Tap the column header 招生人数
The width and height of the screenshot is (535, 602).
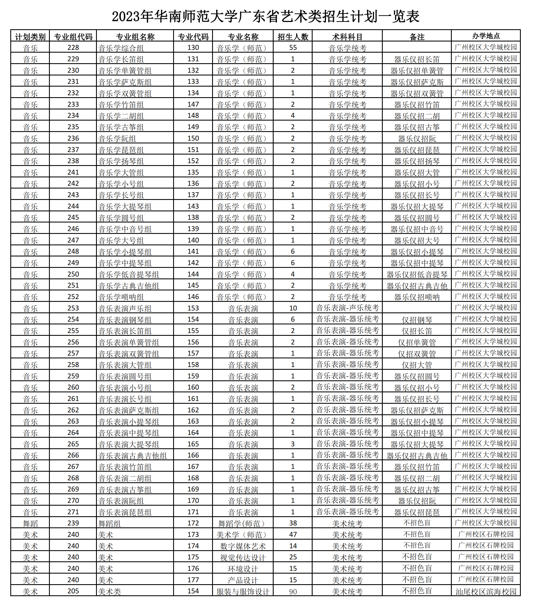pos(293,37)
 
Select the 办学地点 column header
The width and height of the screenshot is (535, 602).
pos(486,36)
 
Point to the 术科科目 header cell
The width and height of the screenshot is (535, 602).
pos(347,37)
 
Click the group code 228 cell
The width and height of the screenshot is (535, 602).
pos(73,48)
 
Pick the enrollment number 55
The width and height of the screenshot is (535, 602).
pos(293,48)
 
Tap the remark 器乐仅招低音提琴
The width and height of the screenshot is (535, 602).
pos(417,275)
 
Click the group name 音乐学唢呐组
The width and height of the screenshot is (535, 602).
pos(121,297)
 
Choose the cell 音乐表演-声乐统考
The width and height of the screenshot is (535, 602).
pos(347,308)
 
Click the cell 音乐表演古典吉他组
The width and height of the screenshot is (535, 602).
pos(132,456)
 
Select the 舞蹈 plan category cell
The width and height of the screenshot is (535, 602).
pos(30,524)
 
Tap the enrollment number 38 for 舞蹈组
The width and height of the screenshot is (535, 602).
pos(293,523)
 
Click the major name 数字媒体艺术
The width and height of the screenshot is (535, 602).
pos(243,546)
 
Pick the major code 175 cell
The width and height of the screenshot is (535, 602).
pos(193,557)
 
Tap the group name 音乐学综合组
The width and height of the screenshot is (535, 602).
pos(121,48)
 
